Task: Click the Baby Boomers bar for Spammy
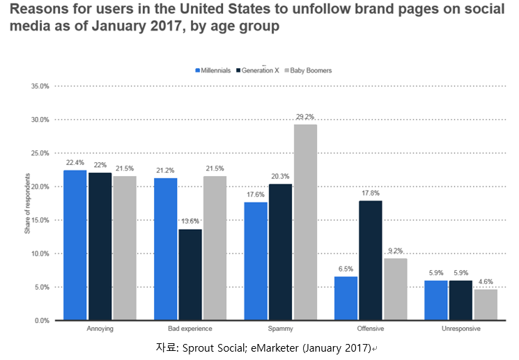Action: click(305, 222)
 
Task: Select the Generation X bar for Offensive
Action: click(371, 260)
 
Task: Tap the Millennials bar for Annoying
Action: click(75, 245)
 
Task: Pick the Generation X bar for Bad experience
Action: click(190, 274)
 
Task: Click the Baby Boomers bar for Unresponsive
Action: click(486, 305)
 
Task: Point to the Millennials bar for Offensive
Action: click(346, 298)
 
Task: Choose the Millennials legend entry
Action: click(213, 70)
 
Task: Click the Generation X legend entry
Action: click(258, 70)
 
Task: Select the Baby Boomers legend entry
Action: click(308, 70)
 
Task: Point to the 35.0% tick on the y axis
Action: click(40, 86)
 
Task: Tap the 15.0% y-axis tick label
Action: click(40, 220)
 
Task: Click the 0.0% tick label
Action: click(42, 320)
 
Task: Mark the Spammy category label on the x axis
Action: click(280, 329)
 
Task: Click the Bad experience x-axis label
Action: click(190, 329)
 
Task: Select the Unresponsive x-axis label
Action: click(460, 329)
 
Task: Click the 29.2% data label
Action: click(305, 117)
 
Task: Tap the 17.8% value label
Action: click(371, 194)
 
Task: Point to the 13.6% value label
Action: click(190, 221)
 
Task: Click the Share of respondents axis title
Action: click(27, 203)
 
